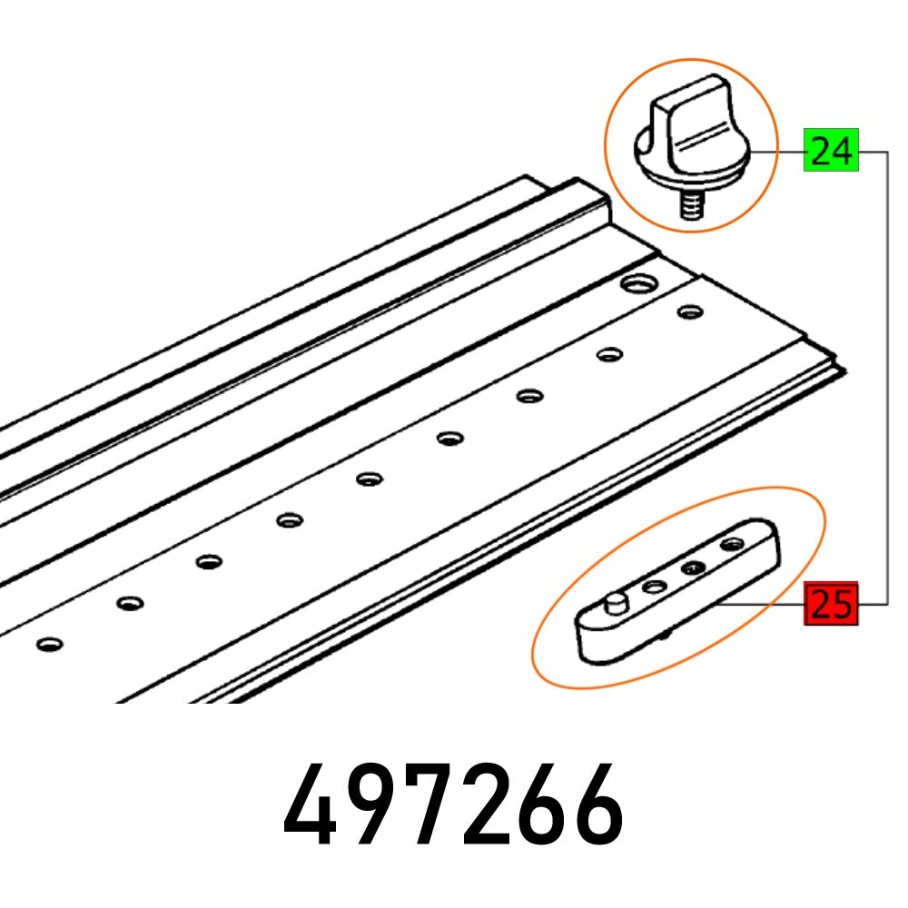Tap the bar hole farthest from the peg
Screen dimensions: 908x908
point(732,545)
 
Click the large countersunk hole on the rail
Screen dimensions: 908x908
point(635,285)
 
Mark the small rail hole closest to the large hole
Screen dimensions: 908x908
point(690,313)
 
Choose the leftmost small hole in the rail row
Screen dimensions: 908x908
point(49,644)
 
